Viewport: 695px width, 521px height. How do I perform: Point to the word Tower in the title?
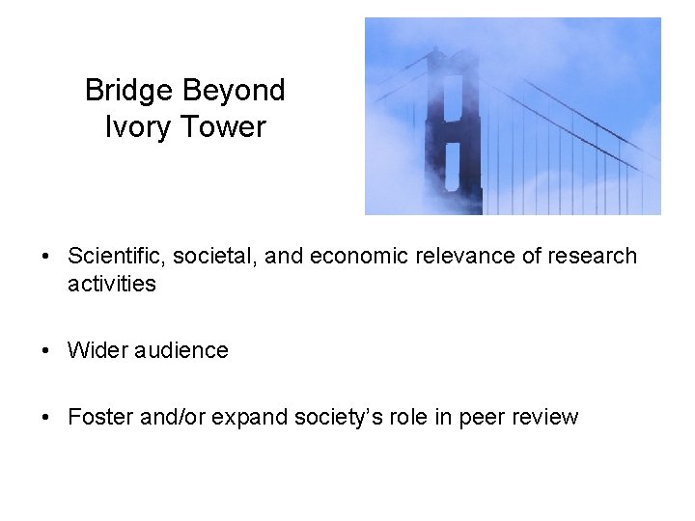click(x=221, y=126)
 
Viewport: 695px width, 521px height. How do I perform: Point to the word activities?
click(x=112, y=284)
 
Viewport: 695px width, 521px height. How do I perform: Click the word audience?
click(x=182, y=350)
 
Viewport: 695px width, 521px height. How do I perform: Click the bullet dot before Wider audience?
click(x=46, y=351)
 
